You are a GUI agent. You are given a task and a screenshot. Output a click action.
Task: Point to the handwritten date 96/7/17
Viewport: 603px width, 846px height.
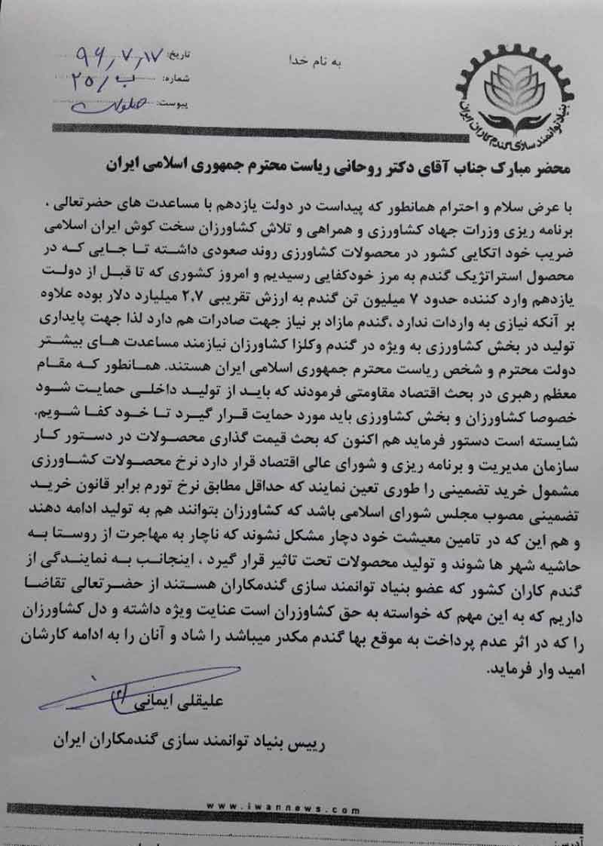tap(127, 54)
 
